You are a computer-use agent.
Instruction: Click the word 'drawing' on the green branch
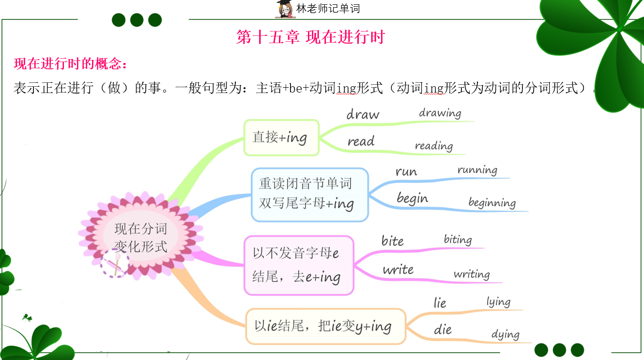[x=440, y=113]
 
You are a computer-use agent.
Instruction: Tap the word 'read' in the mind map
[x=361, y=141]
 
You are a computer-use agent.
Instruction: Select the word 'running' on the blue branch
[x=477, y=170]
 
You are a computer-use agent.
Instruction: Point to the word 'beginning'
[x=492, y=203]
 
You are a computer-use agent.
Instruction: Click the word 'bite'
[x=392, y=241]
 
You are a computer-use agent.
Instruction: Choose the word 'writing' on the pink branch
[x=472, y=274]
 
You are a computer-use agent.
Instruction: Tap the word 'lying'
[x=499, y=302]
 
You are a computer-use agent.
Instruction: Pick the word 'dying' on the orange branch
[x=506, y=334]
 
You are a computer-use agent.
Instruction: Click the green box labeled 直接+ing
[x=281, y=138]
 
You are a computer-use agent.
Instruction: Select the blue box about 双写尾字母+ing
[x=309, y=195]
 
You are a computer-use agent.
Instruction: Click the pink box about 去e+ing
[x=299, y=266]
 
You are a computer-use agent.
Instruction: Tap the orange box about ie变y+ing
[x=326, y=327]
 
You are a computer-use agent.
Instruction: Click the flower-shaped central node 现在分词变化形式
[x=141, y=236]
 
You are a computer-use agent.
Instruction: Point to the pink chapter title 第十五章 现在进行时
[x=310, y=37]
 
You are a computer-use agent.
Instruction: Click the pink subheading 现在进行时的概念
[x=70, y=63]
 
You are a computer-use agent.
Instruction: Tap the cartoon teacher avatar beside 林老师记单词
[x=285, y=9]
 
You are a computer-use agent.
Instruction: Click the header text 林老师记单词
[x=328, y=9]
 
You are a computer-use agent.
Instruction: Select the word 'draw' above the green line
[x=363, y=114]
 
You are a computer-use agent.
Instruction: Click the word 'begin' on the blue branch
[x=412, y=199]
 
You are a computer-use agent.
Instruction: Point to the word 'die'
[x=443, y=329]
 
